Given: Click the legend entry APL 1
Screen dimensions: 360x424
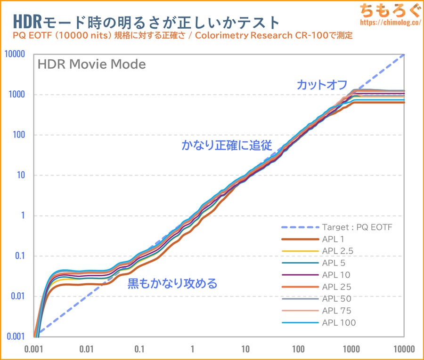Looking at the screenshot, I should [x=334, y=239].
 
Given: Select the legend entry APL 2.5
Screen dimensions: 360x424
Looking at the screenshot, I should [x=338, y=251].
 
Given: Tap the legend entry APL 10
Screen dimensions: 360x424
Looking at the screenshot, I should [x=336, y=275].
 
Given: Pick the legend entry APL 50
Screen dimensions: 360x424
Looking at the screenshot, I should [x=336, y=299].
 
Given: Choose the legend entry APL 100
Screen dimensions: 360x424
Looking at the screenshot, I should [x=339, y=323].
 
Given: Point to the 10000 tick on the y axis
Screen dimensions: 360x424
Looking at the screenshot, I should [x=14, y=54].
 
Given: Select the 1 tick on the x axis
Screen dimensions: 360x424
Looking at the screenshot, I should [x=192, y=349].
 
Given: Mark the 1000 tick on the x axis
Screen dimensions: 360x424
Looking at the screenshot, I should [x=351, y=349].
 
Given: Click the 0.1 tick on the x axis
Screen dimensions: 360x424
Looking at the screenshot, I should [x=139, y=349].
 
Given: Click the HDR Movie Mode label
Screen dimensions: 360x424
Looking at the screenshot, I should [x=91, y=64].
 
